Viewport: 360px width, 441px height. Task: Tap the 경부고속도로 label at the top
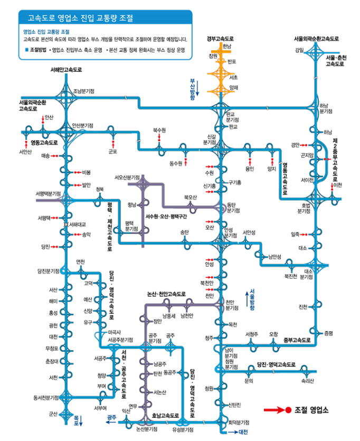(x=220, y=39)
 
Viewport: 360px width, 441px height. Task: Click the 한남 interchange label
(x=227, y=47)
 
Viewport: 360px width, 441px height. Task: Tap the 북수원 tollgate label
(x=159, y=129)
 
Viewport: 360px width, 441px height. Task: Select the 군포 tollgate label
(x=112, y=152)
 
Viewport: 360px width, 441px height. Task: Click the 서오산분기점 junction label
(x=127, y=177)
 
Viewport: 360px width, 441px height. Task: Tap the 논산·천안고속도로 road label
(x=167, y=294)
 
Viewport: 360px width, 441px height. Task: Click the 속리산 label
(x=308, y=380)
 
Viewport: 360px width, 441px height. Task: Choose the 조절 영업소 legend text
(x=311, y=409)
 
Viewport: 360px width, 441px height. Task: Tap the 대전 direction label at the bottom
(x=243, y=433)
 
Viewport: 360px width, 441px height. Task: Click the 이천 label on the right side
(x=338, y=185)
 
